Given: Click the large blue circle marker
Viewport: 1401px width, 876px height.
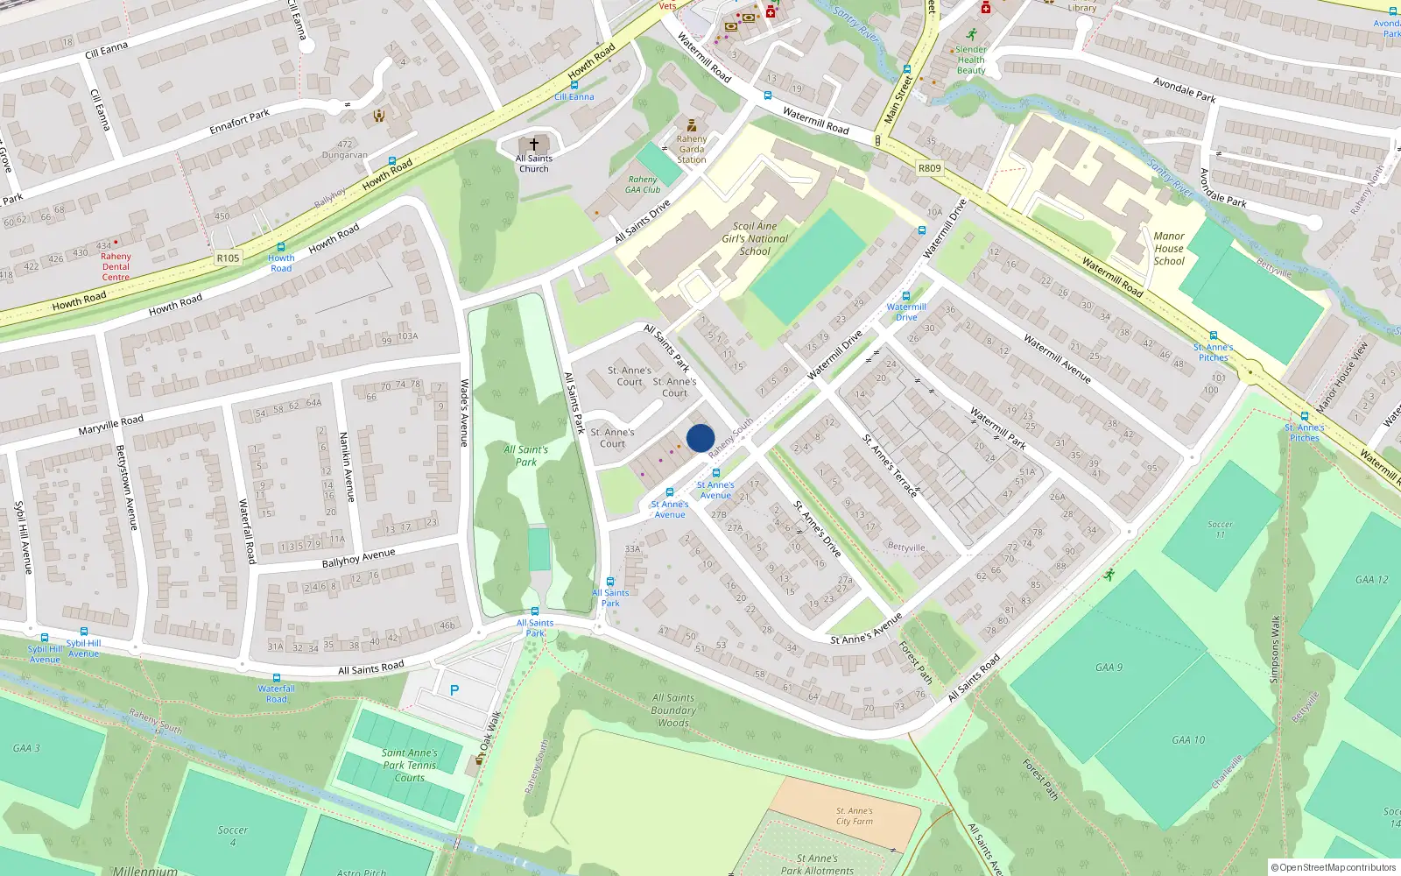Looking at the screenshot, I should [700, 438].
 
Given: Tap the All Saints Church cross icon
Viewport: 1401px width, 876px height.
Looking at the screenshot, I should [533, 144].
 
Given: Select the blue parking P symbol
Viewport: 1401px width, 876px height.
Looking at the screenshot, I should [454, 690].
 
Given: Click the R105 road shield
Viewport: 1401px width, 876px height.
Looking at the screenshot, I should [228, 258].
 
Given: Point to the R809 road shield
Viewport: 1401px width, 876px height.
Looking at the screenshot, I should [929, 168].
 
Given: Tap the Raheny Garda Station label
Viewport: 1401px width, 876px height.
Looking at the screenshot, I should [692, 149].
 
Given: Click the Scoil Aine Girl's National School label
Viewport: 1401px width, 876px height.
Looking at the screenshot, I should [755, 238].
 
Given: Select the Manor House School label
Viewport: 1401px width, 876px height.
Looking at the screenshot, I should [1169, 248].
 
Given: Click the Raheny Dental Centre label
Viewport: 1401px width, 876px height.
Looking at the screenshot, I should [116, 266].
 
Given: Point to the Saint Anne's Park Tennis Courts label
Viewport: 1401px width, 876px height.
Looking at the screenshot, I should [409, 765].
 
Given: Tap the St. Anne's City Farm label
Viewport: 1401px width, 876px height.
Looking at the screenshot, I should [854, 816].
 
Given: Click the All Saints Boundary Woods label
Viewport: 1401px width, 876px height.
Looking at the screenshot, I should [673, 710].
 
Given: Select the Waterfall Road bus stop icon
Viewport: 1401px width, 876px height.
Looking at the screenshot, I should [277, 678].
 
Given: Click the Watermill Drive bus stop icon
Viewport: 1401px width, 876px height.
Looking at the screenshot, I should [906, 296].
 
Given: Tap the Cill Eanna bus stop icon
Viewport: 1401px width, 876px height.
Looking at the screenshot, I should [574, 85].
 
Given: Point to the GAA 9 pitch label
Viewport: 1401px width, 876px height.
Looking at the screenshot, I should [1109, 668].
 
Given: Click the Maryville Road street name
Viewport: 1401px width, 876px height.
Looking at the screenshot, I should [110, 425].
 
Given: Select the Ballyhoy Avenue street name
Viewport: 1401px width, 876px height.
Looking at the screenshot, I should [358, 558].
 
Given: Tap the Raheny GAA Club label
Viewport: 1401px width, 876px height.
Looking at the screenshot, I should [643, 184].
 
